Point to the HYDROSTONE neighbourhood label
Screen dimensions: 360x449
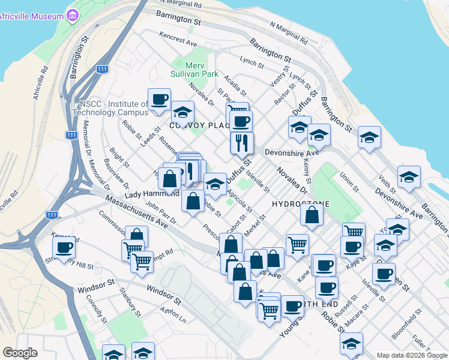301,204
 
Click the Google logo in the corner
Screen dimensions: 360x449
20,353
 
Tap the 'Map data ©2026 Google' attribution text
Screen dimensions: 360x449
411,355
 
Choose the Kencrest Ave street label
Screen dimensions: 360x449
179,40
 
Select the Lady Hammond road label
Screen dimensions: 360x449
151,194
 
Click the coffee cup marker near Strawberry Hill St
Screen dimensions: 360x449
63,247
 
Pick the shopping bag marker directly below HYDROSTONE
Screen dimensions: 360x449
312,217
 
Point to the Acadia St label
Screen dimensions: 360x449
235,85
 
